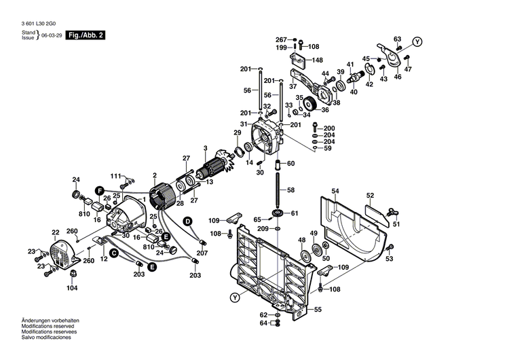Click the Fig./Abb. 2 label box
(86, 35)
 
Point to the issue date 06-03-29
(52, 35)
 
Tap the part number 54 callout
(335, 191)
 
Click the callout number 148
(318, 60)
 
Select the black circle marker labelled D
(187, 221)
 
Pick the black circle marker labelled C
(114, 253)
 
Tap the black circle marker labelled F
(99, 190)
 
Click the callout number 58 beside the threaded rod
(291, 190)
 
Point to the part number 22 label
(56, 232)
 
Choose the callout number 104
(72, 288)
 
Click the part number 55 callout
(318, 310)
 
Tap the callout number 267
(281, 39)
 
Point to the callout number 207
(201, 253)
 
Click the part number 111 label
(116, 177)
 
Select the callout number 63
(397, 39)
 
